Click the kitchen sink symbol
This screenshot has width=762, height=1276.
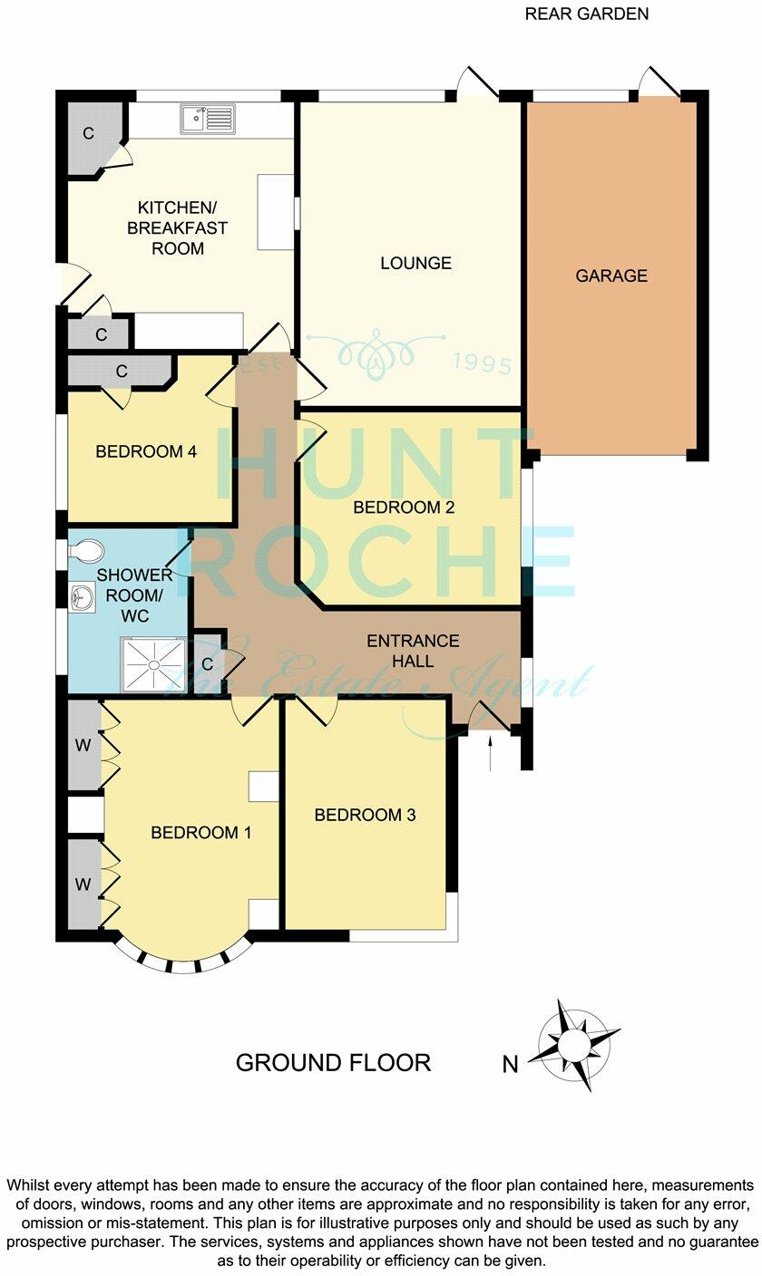(x=207, y=119)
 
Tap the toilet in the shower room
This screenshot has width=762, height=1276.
(x=87, y=550)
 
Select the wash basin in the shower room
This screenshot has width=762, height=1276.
(x=79, y=595)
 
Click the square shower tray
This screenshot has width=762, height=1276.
(x=153, y=664)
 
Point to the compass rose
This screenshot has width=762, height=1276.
(x=574, y=1045)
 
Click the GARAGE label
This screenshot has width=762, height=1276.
(x=611, y=275)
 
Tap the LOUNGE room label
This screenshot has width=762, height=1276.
(x=415, y=264)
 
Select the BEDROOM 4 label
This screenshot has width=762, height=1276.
(x=146, y=451)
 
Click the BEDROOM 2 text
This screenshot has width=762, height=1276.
(x=404, y=507)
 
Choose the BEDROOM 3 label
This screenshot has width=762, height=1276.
(x=365, y=815)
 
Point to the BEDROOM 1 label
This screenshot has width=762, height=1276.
(x=200, y=833)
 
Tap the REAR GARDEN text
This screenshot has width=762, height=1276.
(x=587, y=14)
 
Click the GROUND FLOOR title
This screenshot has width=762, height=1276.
(x=333, y=1062)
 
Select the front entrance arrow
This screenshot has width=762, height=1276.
(x=491, y=753)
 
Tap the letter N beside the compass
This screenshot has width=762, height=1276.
(x=511, y=1065)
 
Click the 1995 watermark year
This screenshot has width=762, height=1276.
(x=482, y=364)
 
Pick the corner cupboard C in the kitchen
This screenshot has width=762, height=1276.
(x=89, y=134)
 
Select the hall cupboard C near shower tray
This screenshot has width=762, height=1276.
(x=207, y=663)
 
